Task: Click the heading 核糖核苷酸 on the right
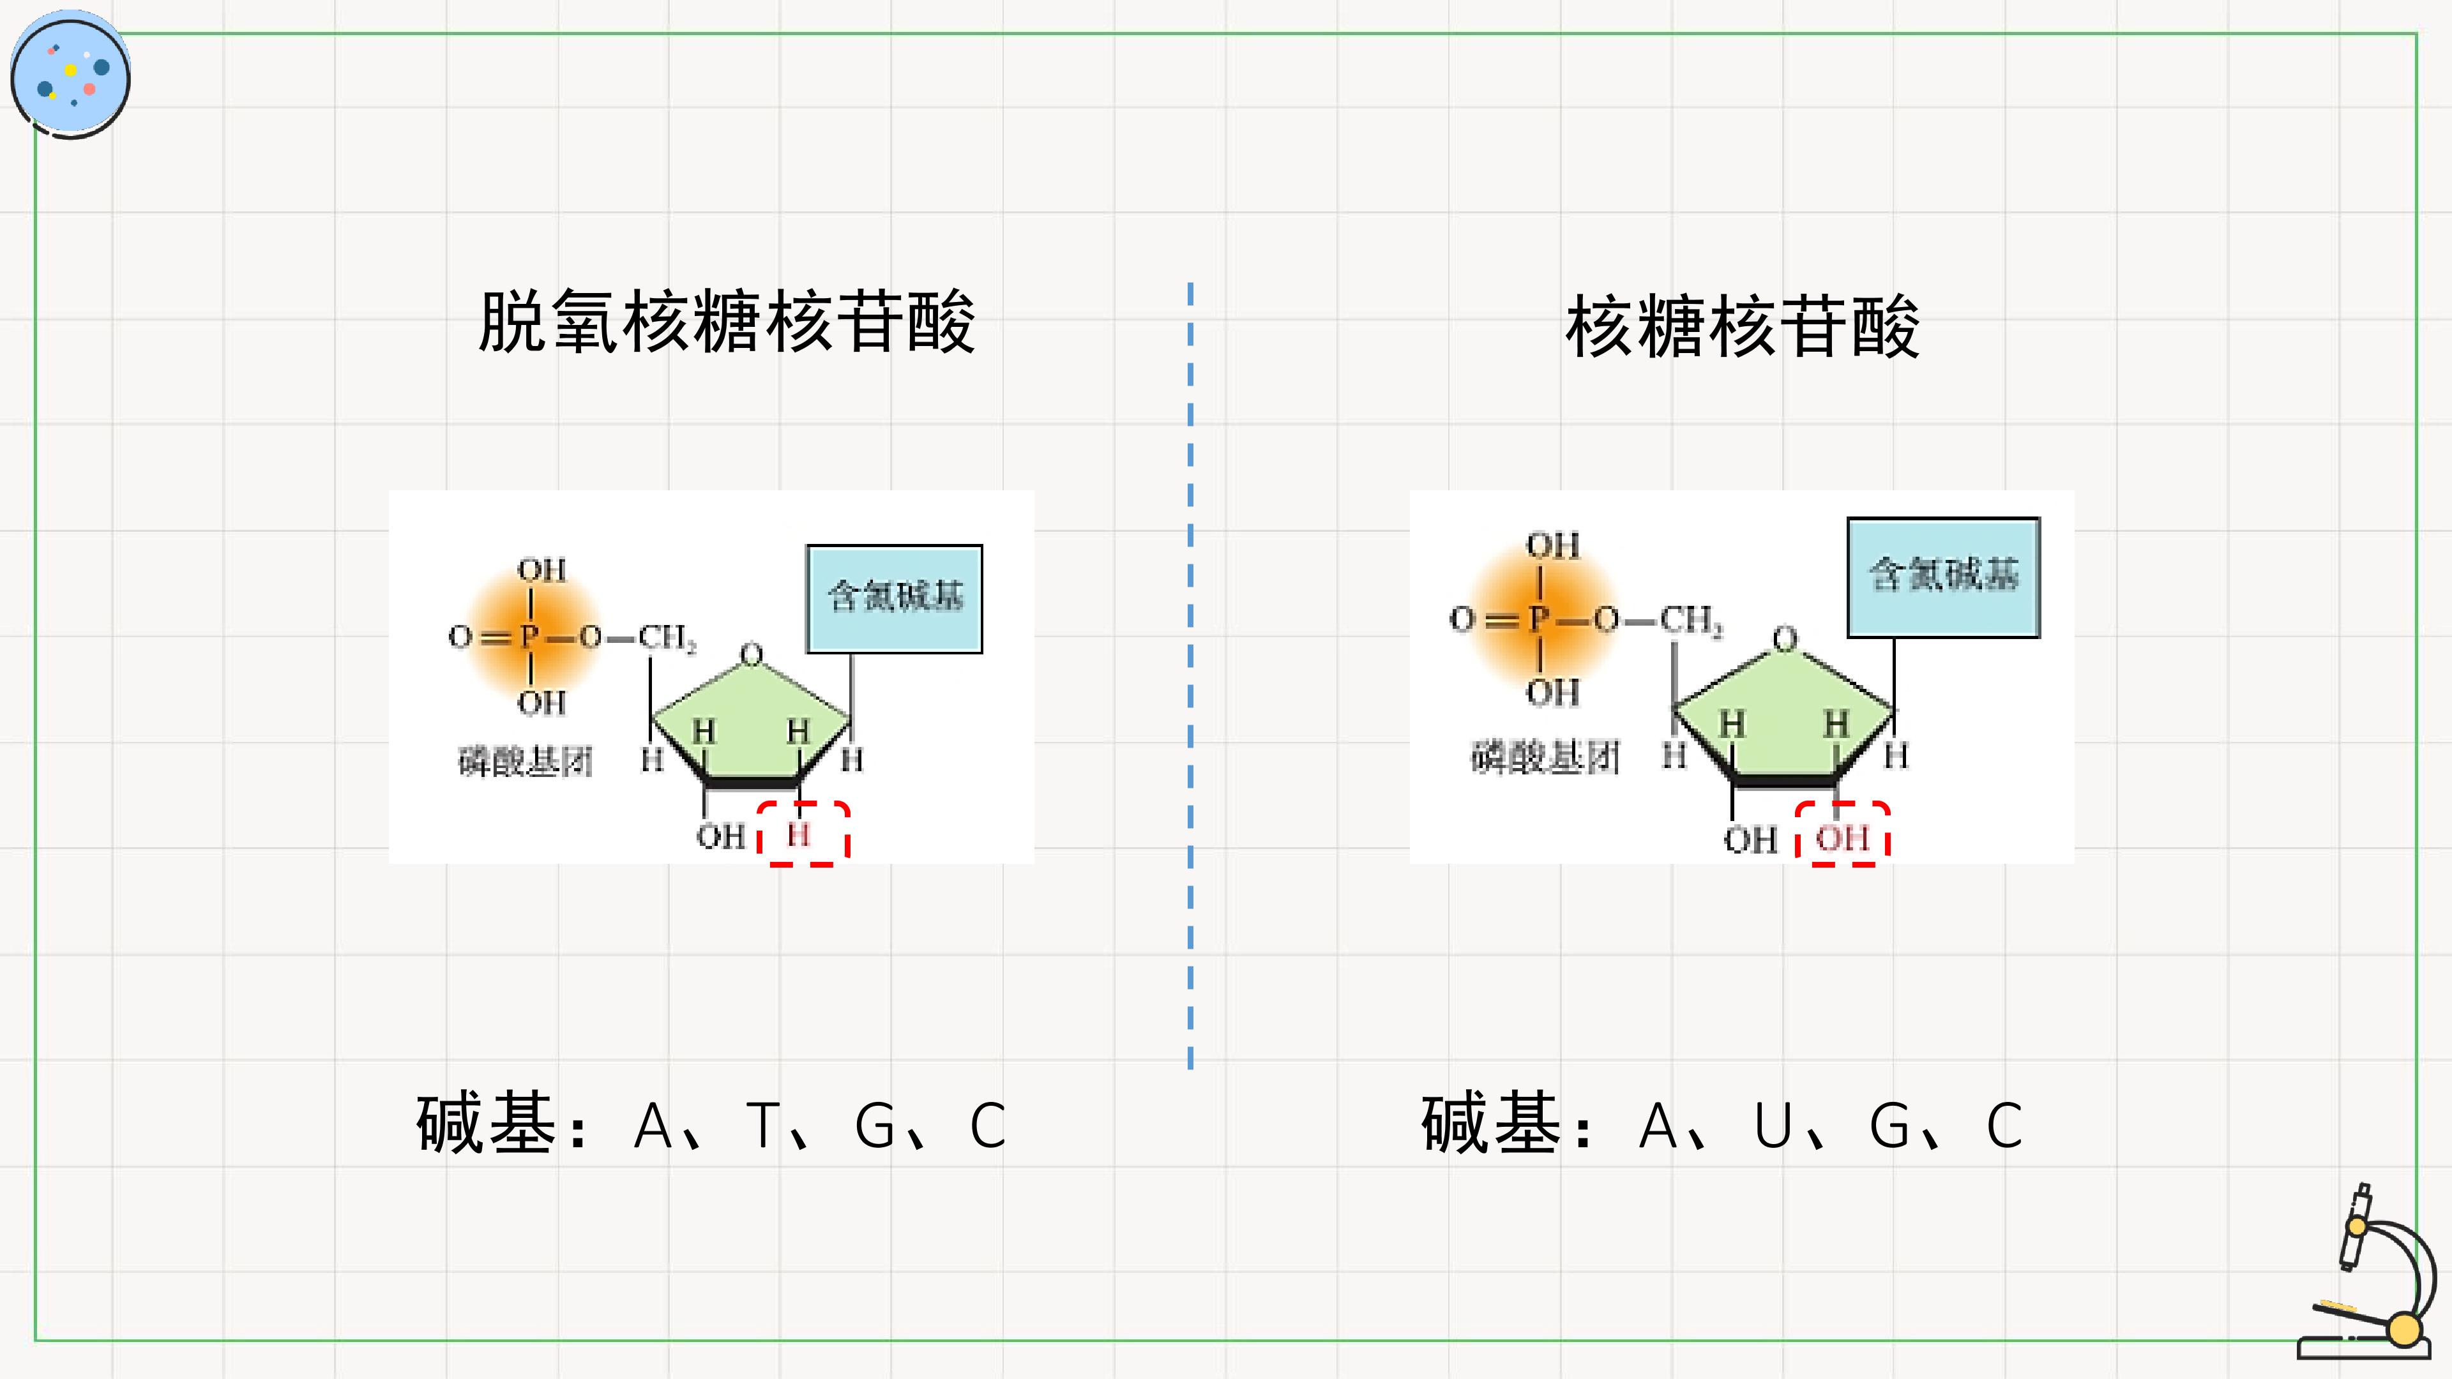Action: (1742, 326)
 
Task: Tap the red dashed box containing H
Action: (803, 834)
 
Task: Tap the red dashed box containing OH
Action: (1843, 834)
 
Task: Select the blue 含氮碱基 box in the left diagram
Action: (894, 599)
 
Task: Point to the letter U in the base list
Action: (1773, 1126)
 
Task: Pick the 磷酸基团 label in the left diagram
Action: (526, 762)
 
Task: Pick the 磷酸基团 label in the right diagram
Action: (1545, 758)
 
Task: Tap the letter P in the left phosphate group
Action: (529, 636)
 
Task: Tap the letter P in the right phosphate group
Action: (1539, 619)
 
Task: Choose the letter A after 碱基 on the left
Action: (653, 1125)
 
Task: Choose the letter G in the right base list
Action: (1889, 1126)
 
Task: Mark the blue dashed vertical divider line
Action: (1190, 675)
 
